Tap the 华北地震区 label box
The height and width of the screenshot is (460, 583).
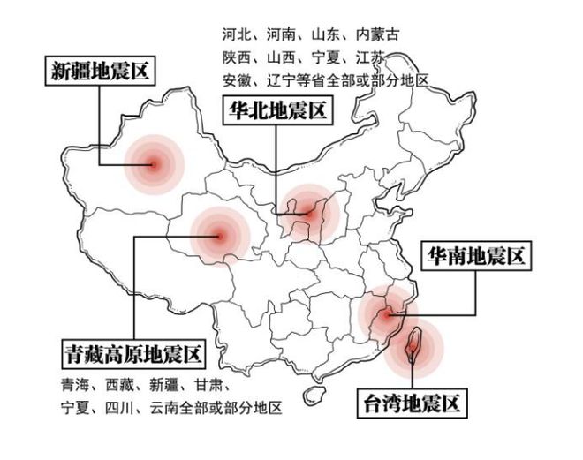pos(276,112)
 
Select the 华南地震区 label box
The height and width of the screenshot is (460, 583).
pos(476,257)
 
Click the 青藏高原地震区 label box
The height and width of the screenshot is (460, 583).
pos(132,354)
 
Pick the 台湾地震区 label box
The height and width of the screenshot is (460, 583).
pos(411,405)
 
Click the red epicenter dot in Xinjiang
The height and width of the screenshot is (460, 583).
pos(152,163)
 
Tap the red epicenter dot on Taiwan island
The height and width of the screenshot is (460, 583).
pos(413,351)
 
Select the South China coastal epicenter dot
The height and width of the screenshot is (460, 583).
pos(384,313)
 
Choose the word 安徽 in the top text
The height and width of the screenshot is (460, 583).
pos(235,80)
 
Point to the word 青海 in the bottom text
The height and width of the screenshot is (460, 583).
pos(76,386)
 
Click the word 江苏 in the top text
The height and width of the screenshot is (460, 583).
pos(367,58)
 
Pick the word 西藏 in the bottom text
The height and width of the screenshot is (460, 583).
pos(121,386)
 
